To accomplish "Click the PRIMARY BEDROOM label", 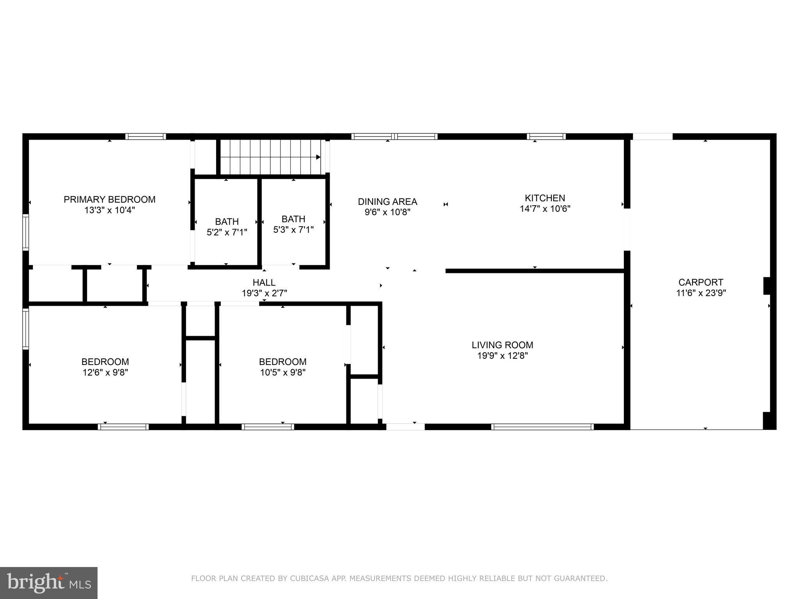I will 109,199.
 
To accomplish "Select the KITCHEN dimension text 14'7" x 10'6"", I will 545,209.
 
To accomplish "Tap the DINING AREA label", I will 387,202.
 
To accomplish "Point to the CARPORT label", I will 701,282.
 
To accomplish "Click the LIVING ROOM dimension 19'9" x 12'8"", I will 502,356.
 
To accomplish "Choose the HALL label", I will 264,282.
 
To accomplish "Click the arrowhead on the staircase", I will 318,157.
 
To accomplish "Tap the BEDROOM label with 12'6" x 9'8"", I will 105,362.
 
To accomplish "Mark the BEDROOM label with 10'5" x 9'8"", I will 282,362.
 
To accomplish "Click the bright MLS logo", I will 49,583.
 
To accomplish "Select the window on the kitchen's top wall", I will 546,136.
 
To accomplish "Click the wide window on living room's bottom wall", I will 542,427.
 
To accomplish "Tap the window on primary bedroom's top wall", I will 146,136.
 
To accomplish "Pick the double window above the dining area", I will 394,136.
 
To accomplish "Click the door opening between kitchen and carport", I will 627,230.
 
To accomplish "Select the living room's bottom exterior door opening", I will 405,427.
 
